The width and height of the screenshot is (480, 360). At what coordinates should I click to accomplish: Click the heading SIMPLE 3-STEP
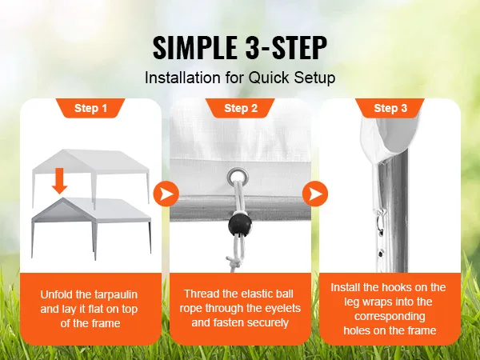pyautogui.click(x=240, y=47)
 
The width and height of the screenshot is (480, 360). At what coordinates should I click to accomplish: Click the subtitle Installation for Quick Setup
pyautogui.click(x=240, y=78)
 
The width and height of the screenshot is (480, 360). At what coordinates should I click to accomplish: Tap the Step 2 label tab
pyautogui.click(x=240, y=108)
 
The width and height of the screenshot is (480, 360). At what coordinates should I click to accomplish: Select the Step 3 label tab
pyautogui.click(x=390, y=108)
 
